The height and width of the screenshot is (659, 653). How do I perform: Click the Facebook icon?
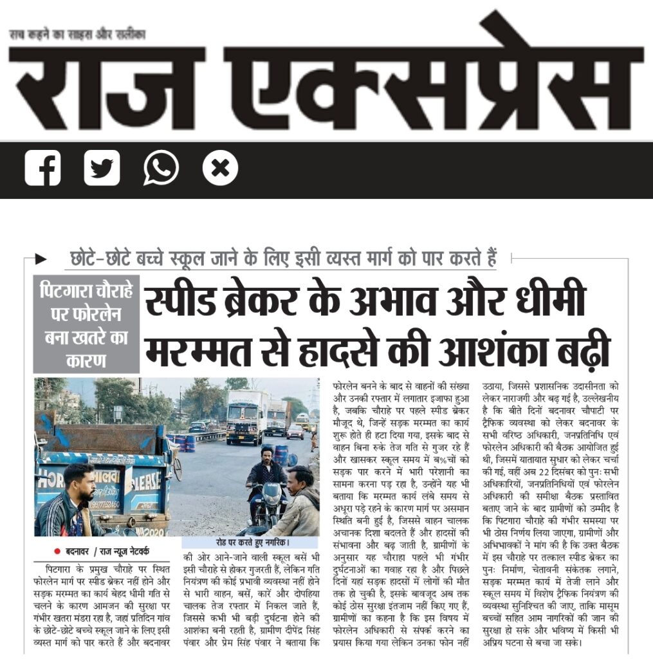coord(42,168)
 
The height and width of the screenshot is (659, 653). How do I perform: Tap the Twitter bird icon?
coord(102,168)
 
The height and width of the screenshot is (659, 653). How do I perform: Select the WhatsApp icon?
coord(161,168)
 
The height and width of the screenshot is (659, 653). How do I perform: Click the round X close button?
coord(220,169)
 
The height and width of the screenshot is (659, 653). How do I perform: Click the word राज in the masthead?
coord(106,80)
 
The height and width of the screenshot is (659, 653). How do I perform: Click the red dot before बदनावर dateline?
coord(57,551)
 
